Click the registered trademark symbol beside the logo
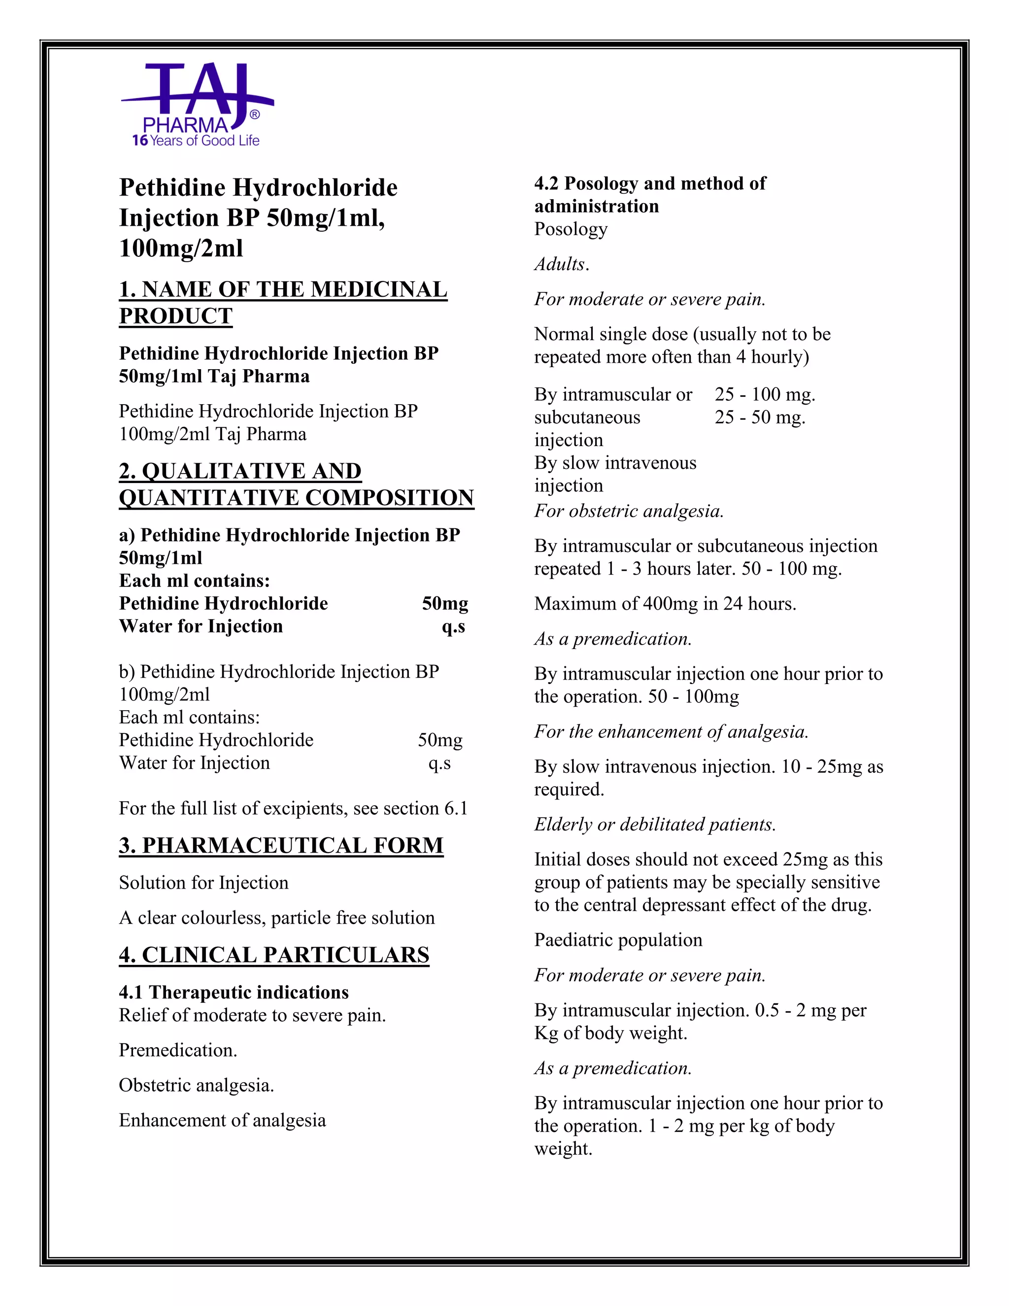tap(255, 115)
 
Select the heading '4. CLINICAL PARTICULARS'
tap(274, 955)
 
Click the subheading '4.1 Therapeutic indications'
tap(234, 992)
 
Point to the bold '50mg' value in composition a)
tap(445, 603)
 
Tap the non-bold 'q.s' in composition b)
tap(439, 763)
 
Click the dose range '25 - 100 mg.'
tap(765, 394)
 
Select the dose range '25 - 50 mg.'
tap(760, 417)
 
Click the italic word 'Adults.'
tap(562, 264)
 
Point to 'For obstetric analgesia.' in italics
tap(629, 511)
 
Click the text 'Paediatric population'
tap(618, 939)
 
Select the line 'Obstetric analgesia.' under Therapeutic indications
tap(196, 1085)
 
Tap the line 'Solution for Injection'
tap(203, 883)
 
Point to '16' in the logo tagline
tap(139, 140)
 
